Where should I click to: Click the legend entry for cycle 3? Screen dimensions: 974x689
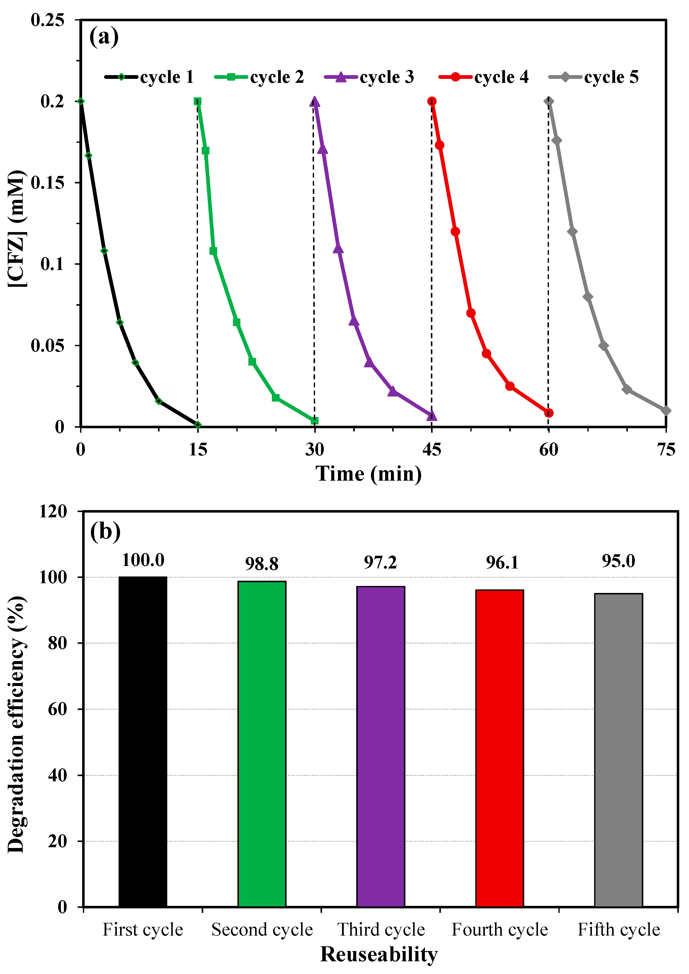point(369,77)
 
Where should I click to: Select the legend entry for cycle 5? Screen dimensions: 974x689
point(594,77)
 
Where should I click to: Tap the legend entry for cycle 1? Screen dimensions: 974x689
point(149,77)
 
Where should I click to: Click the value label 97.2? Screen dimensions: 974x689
point(380,562)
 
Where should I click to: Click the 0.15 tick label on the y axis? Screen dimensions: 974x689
point(47,183)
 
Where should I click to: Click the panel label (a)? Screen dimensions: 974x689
point(104,37)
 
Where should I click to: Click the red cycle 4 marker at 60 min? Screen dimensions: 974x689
point(548,413)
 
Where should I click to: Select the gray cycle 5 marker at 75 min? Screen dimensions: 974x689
point(666,411)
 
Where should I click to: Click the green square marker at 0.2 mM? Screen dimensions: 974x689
point(197,101)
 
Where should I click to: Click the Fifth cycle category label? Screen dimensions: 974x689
point(619,930)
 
